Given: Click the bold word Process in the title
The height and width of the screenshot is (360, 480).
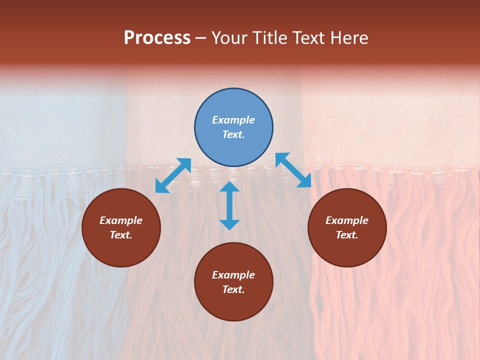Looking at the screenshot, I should click(x=157, y=38).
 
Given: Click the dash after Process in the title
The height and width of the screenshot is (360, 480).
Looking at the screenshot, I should click(x=201, y=38).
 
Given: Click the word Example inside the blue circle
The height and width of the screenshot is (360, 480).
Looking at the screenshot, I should click(x=233, y=120).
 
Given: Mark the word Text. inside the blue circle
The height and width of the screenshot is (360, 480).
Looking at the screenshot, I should click(x=233, y=134).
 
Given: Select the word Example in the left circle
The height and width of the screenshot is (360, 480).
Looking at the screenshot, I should click(x=121, y=220).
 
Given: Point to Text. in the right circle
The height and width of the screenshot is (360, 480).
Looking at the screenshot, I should click(x=347, y=235).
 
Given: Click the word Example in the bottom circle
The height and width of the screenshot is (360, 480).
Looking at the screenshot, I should click(x=233, y=275).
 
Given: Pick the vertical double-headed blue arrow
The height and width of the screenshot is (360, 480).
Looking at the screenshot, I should click(x=229, y=205).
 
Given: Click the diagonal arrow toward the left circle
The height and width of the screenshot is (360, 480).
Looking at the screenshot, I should click(x=173, y=175).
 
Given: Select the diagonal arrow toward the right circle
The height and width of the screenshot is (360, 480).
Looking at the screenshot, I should click(x=293, y=170).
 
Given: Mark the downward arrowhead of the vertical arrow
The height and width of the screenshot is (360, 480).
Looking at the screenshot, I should click(x=229, y=224).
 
